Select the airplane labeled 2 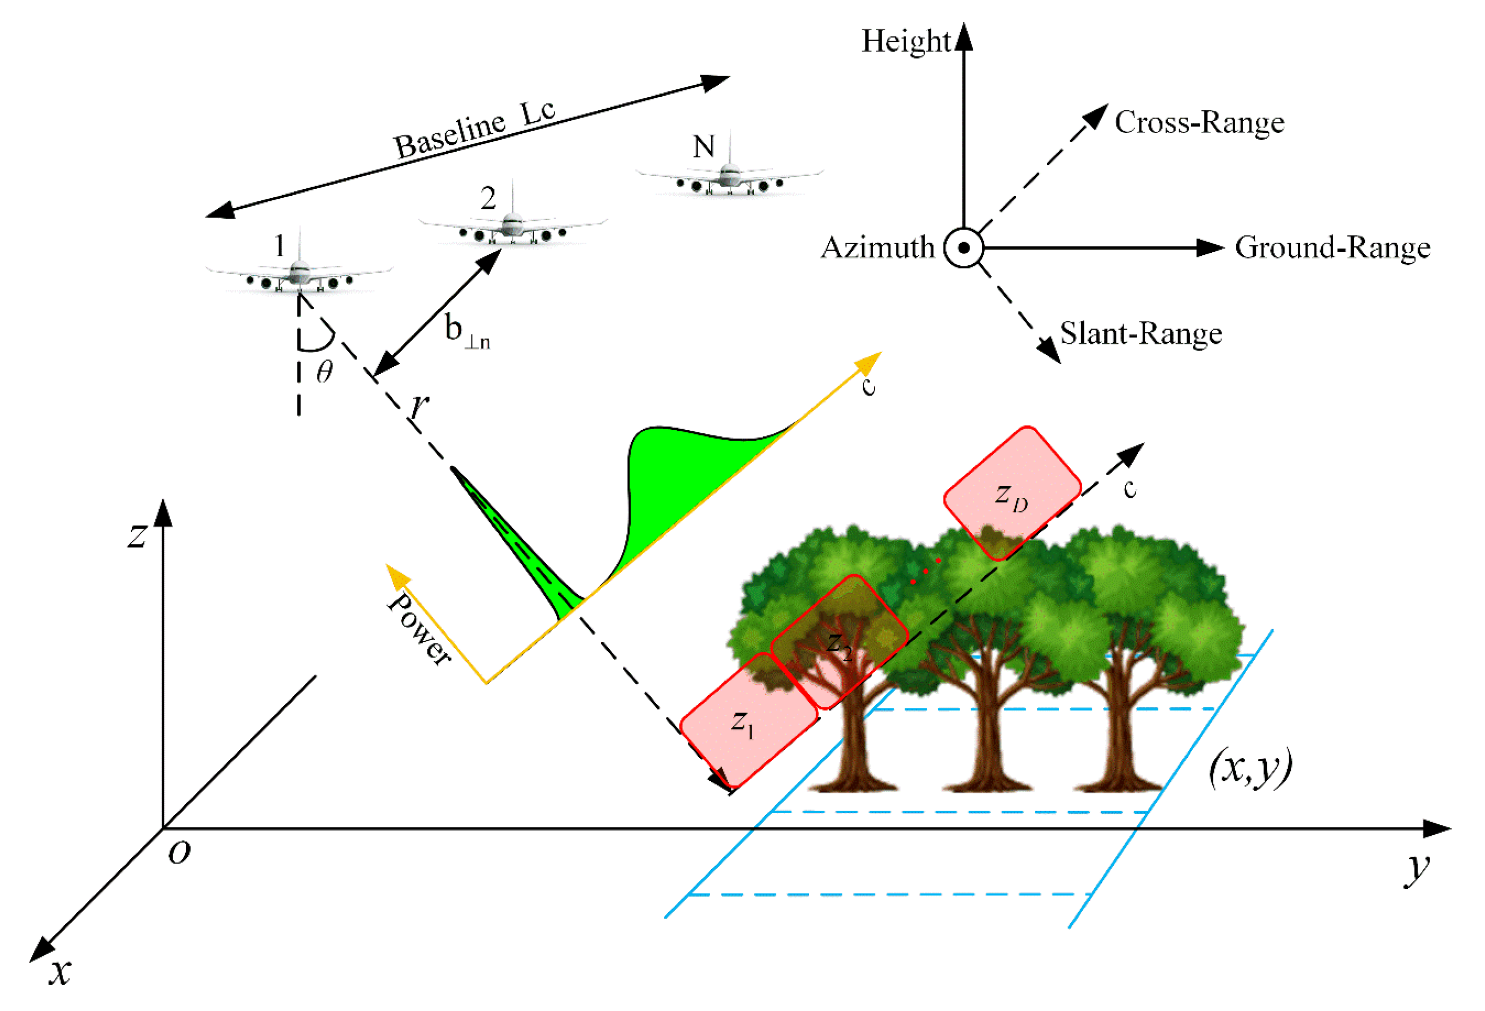[512, 227]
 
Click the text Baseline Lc [473, 130]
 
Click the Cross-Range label [1199, 122]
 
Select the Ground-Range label [1332, 248]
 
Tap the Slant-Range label [1141, 333]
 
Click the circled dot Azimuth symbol [964, 248]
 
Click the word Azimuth [877, 248]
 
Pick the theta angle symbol [324, 371]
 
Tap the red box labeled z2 [838, 642]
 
